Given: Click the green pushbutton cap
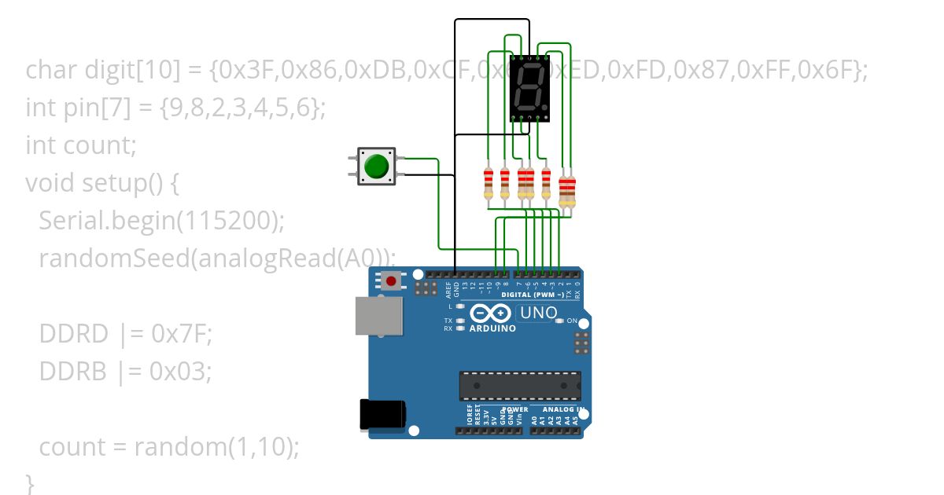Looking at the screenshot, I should click(x=376, y=166).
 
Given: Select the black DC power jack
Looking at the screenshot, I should click(x=382, y=415).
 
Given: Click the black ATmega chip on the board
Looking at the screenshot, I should click(x=520, y=386).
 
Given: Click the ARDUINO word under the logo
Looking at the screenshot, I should click(x=492, y=328).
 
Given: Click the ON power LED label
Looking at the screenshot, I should click(x=572, y=321).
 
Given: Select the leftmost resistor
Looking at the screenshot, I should click(x=489, y=184).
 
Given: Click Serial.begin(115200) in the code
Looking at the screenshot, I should click(x=160, y=221).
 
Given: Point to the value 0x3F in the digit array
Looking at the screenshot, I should click(x=245, y=70).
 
